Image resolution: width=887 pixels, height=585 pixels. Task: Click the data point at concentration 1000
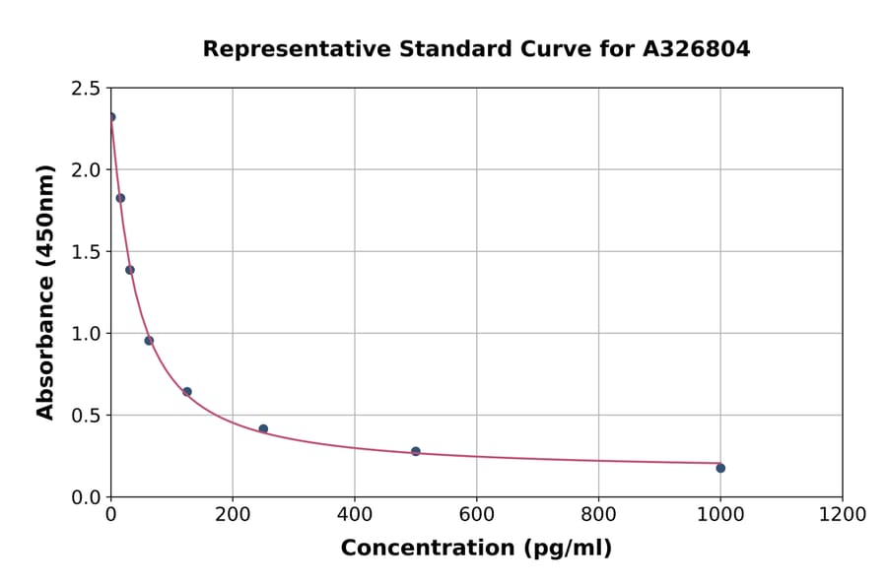tap(720, 468)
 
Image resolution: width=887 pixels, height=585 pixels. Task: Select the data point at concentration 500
tap(416, 451)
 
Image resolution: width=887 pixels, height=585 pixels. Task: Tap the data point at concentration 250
tap(263, 428)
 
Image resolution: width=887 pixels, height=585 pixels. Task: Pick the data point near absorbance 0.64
tap(187, 392)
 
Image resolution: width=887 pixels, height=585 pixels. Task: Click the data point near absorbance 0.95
tap(149, 341)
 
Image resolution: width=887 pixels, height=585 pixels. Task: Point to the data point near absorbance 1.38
tap(130, 270)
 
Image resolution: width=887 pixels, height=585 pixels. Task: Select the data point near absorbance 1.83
tap(120, 198)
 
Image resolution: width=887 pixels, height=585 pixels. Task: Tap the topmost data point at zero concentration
tap(111, 117)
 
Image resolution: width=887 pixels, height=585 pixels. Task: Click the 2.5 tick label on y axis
tap(84, 89)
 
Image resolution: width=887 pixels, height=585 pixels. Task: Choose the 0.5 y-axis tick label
tap(84, 416)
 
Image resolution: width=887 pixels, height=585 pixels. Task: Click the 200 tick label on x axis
tap(233, 515)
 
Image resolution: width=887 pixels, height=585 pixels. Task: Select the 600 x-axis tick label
tap(476, 515)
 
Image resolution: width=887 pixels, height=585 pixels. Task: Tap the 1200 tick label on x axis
tap(842, 515)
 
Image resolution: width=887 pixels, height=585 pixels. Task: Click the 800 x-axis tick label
tap(598, 515)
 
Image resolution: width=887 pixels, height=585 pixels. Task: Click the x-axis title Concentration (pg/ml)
tap(476, 549)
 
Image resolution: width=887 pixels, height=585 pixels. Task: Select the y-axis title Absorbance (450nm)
tap(45, 292)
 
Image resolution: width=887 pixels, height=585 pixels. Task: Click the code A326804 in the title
tap(697, 49)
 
